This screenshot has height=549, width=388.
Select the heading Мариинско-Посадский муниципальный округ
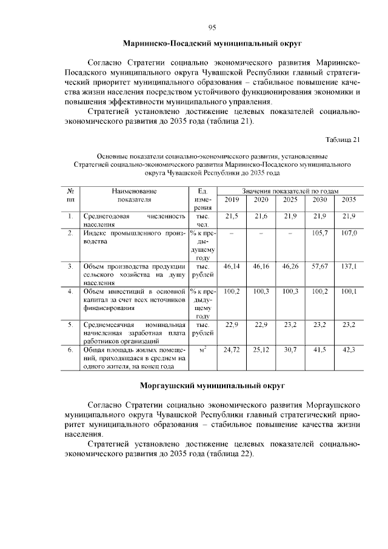pos(212,44)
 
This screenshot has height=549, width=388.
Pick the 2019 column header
pos(232,200)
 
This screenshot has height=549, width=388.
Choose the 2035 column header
pos(349,200)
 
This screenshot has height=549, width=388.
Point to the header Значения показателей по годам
pos(290,190)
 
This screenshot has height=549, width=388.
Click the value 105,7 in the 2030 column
pos(319,233)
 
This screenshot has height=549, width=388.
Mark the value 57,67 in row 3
pos(319,266)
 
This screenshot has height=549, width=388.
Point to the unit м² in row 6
pos(202,350)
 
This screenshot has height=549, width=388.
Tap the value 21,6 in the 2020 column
pos(261,216)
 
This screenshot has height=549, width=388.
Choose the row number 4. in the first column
pos(71,292)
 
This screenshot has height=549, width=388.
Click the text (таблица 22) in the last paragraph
pos(228,454)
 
